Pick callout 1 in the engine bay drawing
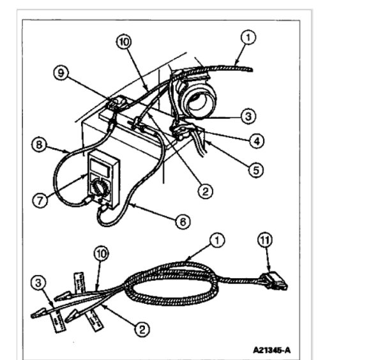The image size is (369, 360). pos(249,38)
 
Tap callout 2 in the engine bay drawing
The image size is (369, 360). pos(204,190)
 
